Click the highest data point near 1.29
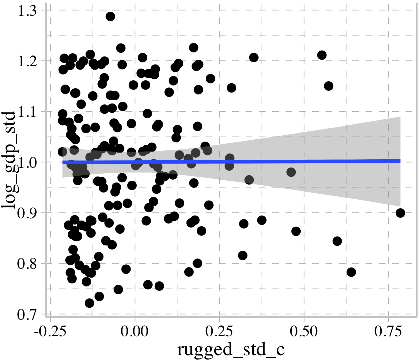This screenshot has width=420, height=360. (x=110, y=16)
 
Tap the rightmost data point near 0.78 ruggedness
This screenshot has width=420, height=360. (x=400, y=213)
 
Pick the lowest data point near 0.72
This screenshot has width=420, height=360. (x=89, y=303)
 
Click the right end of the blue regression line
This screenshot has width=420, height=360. (x=400, y=161)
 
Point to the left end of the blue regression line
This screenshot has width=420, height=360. (x=63, y=162)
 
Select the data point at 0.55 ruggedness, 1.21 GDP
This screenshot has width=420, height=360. (x=322, y=55)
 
